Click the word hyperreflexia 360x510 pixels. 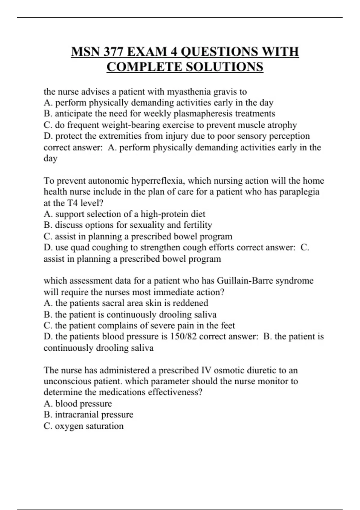coord(158,181)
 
